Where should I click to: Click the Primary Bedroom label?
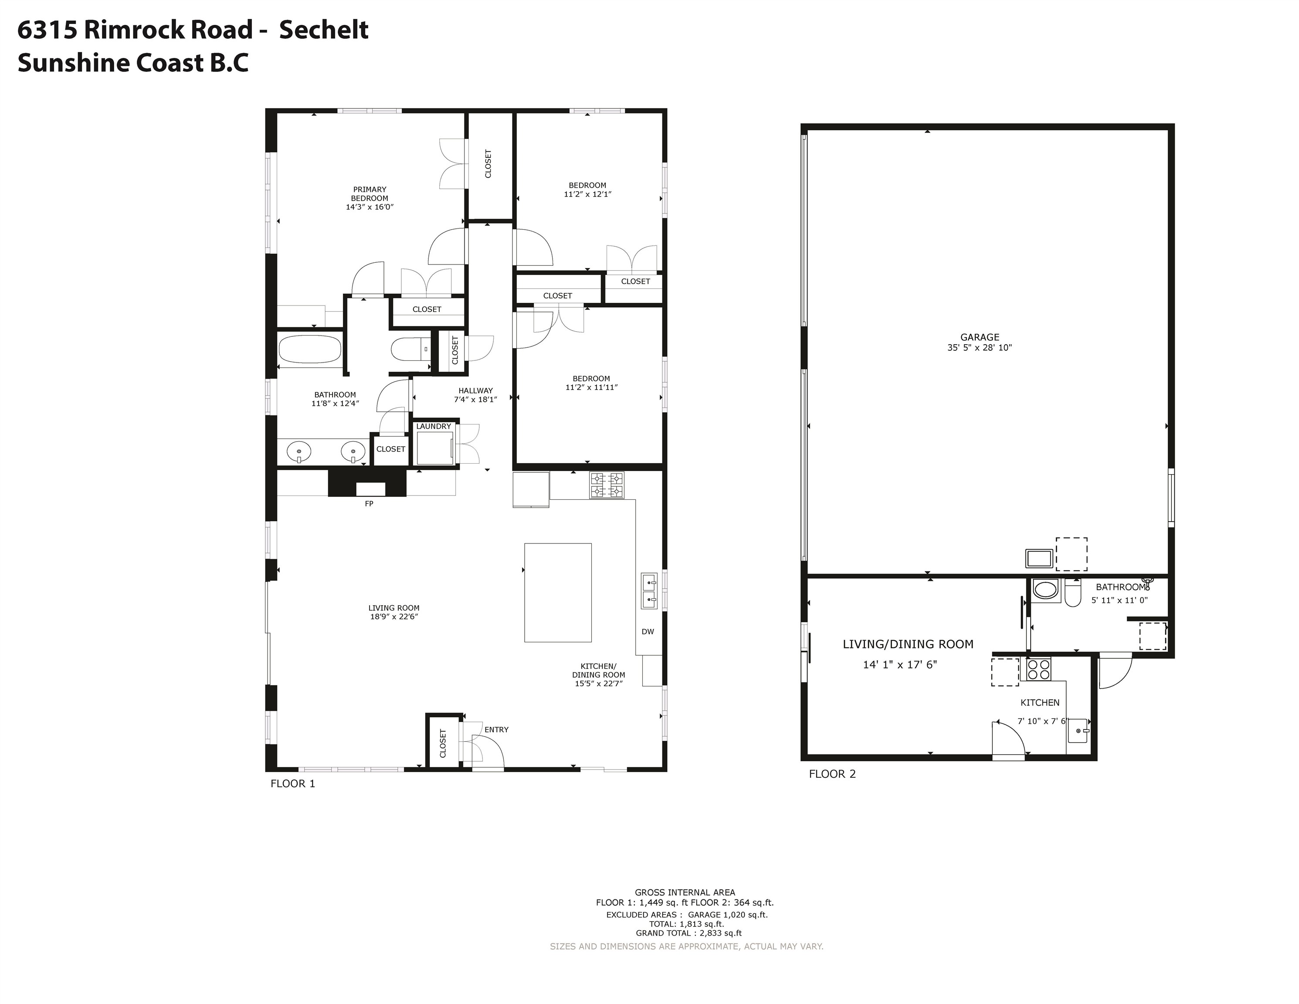coord(370,194)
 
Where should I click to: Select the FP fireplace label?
coord(369,504)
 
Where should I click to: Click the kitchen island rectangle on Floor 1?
coord(557,592)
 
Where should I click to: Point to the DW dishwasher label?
coord(648,632)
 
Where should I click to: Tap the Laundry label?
coord(434,427)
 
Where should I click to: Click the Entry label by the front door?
coord(496,730)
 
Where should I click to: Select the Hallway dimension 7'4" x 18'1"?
coord(475,400)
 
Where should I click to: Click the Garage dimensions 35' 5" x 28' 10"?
coord(979,348)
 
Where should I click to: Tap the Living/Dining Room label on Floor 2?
coord(908,644)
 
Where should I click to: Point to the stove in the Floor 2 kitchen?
coord(1038,670)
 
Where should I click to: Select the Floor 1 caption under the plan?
coord(293,784)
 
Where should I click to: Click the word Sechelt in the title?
coord(324,30)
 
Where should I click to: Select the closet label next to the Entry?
coord(443,743)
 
